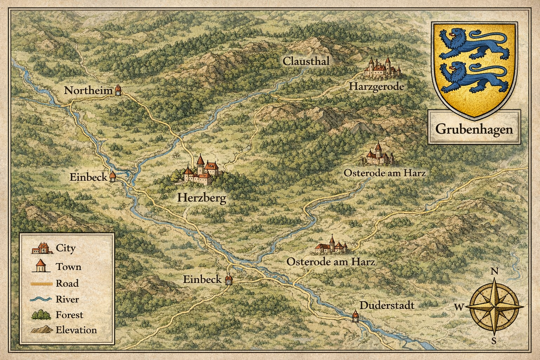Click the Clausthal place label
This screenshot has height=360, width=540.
306,61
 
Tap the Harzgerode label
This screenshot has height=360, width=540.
376,86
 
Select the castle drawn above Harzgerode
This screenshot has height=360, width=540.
382,68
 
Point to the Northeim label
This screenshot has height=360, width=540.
88,90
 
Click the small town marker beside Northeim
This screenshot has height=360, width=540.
118,90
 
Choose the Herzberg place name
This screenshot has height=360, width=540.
201,198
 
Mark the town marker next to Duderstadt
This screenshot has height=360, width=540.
355,316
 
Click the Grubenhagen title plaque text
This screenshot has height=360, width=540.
474,129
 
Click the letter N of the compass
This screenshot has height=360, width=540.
494,271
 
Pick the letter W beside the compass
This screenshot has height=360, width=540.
459,307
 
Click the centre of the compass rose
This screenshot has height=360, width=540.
494,306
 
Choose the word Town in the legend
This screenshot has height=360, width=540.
69,267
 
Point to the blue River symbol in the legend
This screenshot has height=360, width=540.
41,299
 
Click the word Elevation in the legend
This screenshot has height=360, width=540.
76,330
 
